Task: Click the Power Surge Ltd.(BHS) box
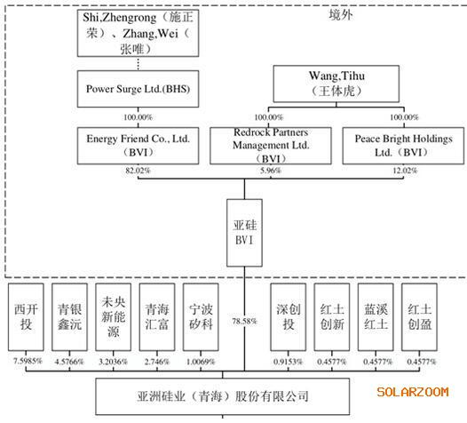(138, 89)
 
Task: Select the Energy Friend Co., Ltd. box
(138, 146)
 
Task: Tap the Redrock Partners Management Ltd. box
(271, 146)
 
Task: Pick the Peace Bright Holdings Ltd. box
(403, 146)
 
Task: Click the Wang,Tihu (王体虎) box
(336, 84)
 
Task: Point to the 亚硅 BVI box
(244, 233)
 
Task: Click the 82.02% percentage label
(138, 171)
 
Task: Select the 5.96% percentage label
(271, 171)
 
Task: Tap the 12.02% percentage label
(405, 171)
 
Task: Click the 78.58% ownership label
(244, 321)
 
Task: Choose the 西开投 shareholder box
(26, 317)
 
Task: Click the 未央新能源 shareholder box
(113, 317)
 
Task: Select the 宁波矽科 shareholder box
(201, 317)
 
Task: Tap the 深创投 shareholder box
(288, 317)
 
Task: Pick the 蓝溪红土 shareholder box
(376, 317)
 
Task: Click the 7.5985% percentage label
(28, 362)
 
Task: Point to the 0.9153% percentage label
(288, 362)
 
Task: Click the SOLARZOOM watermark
(413, 392)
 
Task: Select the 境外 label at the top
(341, 14)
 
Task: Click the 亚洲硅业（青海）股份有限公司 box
(223, 396)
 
